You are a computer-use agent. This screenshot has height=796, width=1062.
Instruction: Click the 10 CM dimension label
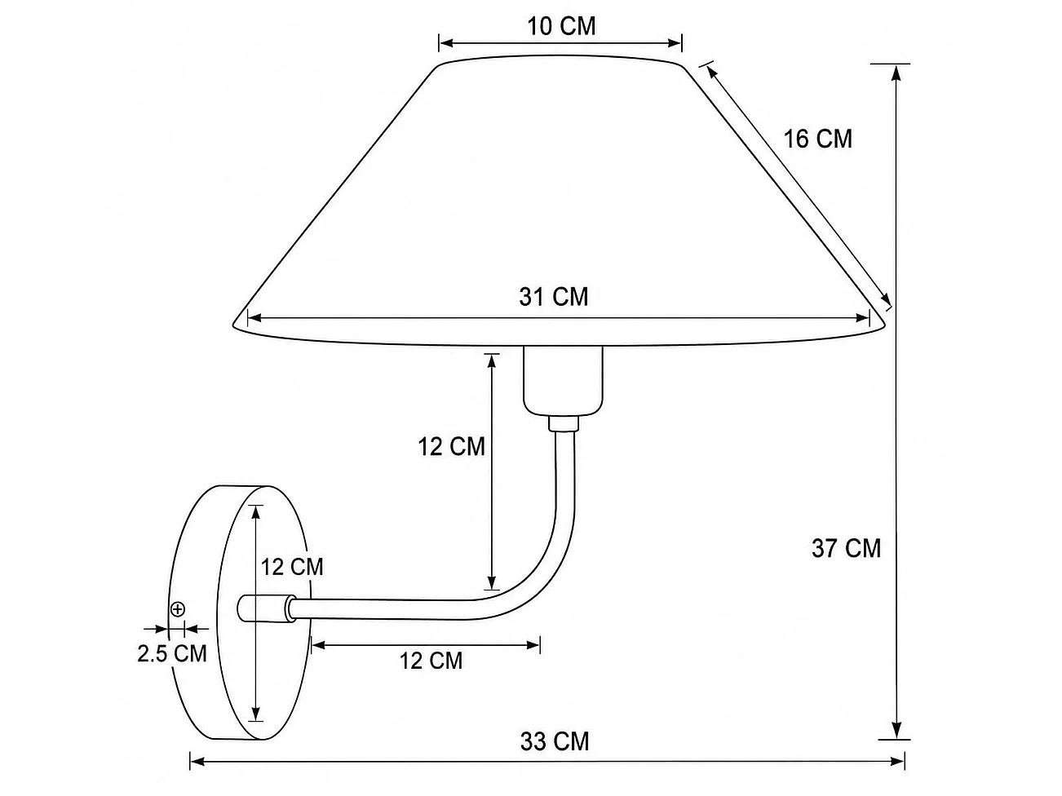pyautogui.click(x=561, y=26)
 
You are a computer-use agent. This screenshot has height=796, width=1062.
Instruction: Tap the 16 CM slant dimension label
pyautogui.click(x=817, y=139)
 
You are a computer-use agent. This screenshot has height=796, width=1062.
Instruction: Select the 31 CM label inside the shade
pyautogui.click(x=554, y=297)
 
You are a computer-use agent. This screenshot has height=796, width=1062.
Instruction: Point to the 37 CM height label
pyautogui.click(x=846, y=549)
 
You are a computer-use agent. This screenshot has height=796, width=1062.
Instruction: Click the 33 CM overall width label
pyautogui.click(x=555, y=741)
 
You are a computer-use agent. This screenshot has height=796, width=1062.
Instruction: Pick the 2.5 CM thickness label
pyautogui.click(x=172, y=654)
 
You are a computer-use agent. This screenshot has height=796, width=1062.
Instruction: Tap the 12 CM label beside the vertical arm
pyautogui.click(x=451, y=447)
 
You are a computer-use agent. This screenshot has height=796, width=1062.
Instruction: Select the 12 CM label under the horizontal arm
pyautogui.click(x=431, y=661)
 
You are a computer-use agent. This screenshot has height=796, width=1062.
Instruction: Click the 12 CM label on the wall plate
pyautogui.click(x=292, y=567)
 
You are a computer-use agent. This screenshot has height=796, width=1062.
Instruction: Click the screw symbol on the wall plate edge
pyautogui.click(x=178, y=609)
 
